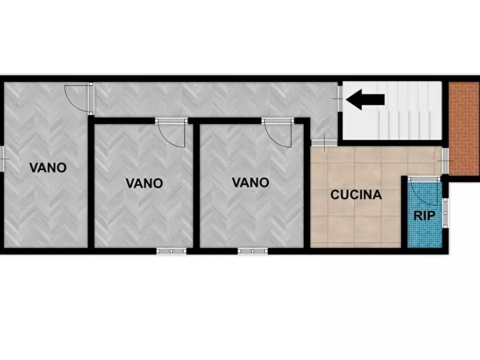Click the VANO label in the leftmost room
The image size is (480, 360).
coord(48,168)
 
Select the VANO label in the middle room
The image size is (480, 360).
coord(144,183)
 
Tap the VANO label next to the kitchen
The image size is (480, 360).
coord(250,183)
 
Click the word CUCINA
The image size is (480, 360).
coord(356,195)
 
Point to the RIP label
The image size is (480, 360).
coord(424,215)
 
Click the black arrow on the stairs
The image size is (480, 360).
coord(365,99)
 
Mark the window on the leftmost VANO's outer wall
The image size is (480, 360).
coord(2,160)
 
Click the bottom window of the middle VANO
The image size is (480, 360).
coord(171,250)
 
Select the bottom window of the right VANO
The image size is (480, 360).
coord(253,250)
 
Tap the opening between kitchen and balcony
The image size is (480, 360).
coord(445,161)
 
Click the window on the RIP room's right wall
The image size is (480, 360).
coord(445,212)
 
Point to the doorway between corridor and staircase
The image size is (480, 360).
coord(340,99)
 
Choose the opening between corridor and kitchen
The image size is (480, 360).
coord(324,142)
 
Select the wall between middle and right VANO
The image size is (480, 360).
coord(196,185)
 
